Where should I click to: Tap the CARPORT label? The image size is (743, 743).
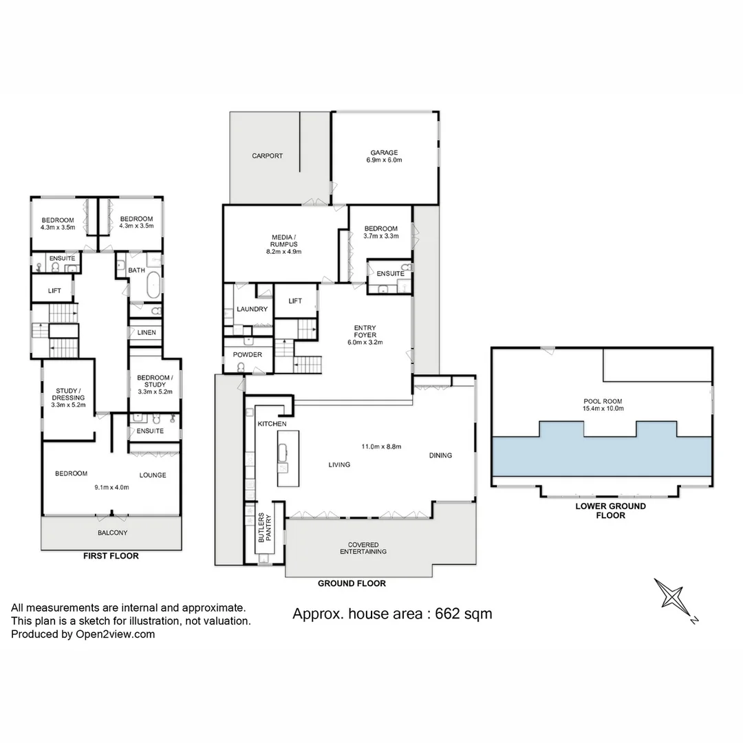(267, 156)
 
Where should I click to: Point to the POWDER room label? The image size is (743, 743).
(248, 355)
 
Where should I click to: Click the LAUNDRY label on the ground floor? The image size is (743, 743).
(252, 310)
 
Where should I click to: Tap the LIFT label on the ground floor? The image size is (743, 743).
(295, 301)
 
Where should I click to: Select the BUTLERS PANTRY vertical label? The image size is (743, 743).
(265, 528)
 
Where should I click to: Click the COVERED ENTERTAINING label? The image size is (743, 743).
(363, 548)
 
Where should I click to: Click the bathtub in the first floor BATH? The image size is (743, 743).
(153, 284)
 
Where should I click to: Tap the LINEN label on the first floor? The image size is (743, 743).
(147, 333)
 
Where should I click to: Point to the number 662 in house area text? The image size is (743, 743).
(449, 614)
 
